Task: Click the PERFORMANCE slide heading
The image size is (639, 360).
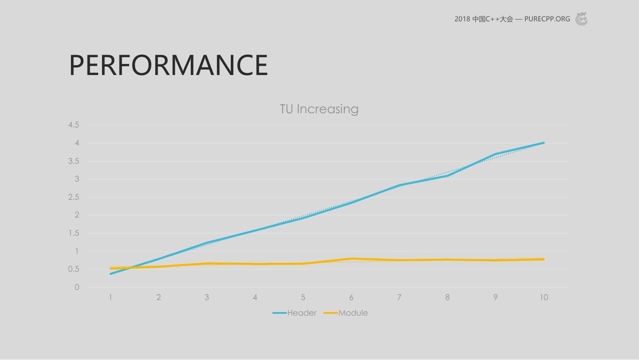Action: click(169, 65)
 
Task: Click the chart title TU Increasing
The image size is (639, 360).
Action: click(319, 109)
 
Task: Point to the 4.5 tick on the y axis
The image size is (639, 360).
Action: click(74, 125)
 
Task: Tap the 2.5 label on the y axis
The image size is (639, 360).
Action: click(74, 197)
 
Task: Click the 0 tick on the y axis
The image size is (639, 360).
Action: click(77, 287)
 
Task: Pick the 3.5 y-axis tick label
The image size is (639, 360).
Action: click(74, 161)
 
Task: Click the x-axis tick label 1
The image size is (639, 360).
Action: click(110, 297)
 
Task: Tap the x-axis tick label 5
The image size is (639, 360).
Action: click(303, 297)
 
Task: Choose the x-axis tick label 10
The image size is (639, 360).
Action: click(544, 297)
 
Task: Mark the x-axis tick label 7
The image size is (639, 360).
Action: click(399, 297)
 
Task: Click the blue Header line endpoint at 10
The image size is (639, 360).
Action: click(544, 143)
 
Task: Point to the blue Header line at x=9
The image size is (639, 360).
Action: click(496, 154)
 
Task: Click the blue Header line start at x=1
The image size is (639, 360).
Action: click(110, 273)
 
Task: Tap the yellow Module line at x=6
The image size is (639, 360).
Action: click(351, 259)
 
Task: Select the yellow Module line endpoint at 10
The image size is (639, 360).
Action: click(544, 259)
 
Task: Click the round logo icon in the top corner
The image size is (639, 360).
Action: click(581, 19)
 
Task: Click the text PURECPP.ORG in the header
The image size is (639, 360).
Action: click(547, 19)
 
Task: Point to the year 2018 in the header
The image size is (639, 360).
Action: click(462, 19)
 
